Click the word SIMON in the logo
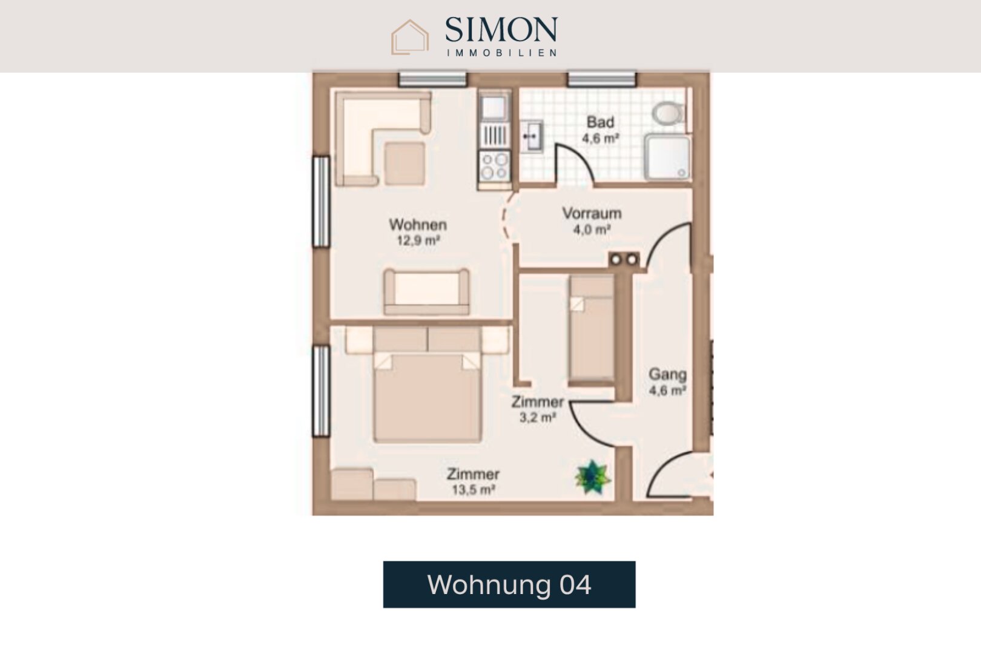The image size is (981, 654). pyautogui.click(x=501, y=29)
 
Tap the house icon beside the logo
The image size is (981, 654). pyautogui.click(x=410, y=37)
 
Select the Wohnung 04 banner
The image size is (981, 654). pyautogui.click(x=509, y=584)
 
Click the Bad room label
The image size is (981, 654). pyautogui.click(x=600, y=122)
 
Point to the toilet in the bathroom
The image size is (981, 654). pyautogui.click(x=667, y=113)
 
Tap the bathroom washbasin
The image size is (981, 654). pyautogui.click(x=531, y=136)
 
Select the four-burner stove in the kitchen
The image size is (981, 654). pyautogui.click(x=495, y=166)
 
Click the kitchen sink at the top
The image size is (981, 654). pyautogui.click(x=494, y=107)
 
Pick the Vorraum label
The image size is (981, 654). pyautogui.click(x=592, y=214)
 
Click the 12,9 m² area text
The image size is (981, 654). pyautogui.click(x=418, y=240)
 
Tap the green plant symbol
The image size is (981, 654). pyautogui.click(x=592, y=477)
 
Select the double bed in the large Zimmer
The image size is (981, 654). pyautogui.click(x=428, y=385)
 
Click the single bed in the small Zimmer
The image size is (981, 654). pyautogui.click(x=592, y=330)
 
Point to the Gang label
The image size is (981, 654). pyautogui.click(x=667, y=374)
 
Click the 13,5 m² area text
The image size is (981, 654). pyautogui.click(x=474, y=489)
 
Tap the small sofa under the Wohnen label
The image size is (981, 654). pyautogui.click(x=426, y=292)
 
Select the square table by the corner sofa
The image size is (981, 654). pyautogui.click(x=405, y=163)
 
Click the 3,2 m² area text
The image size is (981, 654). pyautogui.click(x=538, y=417)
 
